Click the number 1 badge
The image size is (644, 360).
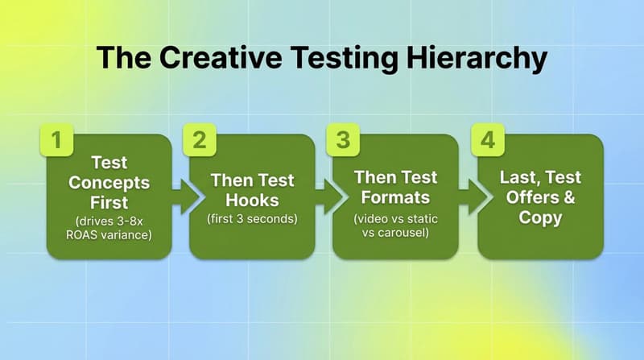pyautogui.click(x=56, y=139)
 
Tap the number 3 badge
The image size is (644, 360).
pyautogui.click(x=341, y=139)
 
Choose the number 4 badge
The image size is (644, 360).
pyautogui.click(x=485, y=139)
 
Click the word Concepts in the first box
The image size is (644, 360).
pyautogui.click(x=109, y=182)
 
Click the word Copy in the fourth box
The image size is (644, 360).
pyautogui.click(x=540, y=218)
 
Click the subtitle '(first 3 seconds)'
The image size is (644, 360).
pyautogui.click(x=251, y=219)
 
